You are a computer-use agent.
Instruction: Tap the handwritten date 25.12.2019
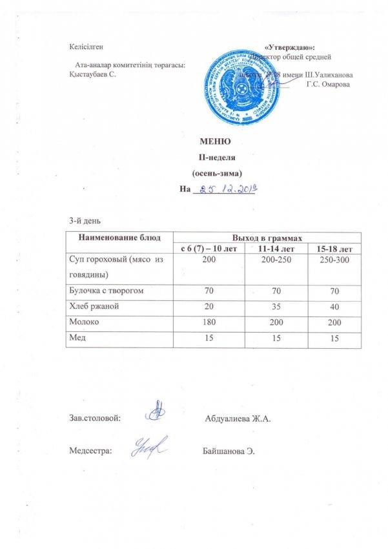227,189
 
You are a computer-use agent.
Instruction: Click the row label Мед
77,335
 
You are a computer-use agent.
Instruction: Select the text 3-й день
84,222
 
